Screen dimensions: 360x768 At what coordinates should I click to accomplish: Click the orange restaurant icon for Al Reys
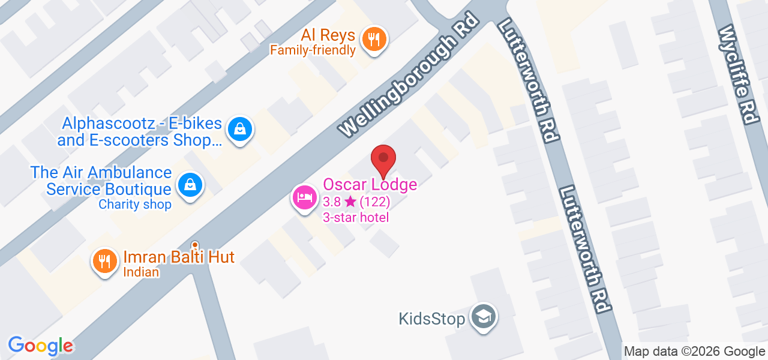pos(375,40)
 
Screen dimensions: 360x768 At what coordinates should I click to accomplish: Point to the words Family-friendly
pos(313,50)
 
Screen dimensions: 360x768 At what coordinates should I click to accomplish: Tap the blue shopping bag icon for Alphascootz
pos(240,129)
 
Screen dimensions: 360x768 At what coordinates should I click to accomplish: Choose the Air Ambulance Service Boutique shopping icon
pos(190,185)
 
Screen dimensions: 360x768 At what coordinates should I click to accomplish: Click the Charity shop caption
pos(135,205)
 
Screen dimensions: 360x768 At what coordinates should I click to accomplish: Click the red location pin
pos(383,160)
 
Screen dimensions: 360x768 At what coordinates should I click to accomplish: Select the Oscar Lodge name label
pos(370,185)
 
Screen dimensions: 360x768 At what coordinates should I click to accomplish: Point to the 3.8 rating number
pos(332,202)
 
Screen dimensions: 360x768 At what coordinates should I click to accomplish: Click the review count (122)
pos(375,202)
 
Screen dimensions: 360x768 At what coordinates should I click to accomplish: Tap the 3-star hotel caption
pos(356,217)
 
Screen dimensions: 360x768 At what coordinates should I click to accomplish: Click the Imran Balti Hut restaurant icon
pos(105,261)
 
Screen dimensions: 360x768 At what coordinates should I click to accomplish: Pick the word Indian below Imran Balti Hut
pos(141,272)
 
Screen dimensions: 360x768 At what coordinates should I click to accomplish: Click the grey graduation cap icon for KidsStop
pos(482,316)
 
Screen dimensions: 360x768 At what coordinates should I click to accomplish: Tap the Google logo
pos(40,346)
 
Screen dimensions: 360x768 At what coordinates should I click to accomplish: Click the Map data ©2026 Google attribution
pos(694,352)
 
